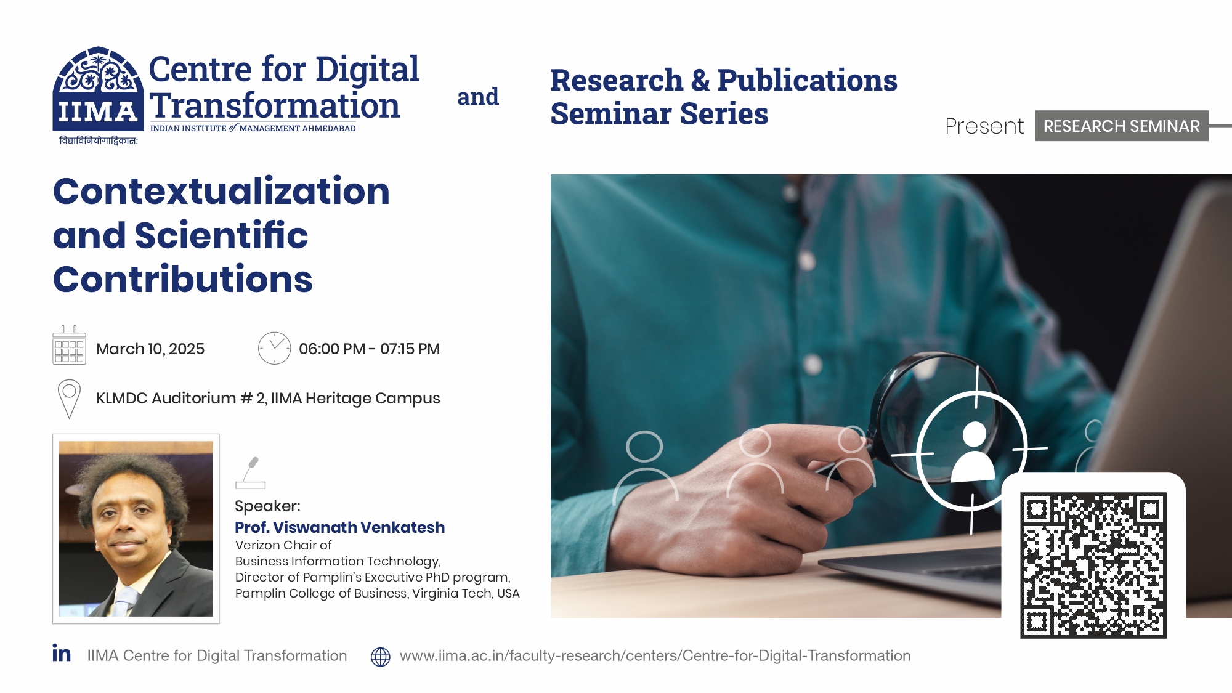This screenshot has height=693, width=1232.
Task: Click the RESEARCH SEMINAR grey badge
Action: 1121,126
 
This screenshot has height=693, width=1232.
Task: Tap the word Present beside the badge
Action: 984,126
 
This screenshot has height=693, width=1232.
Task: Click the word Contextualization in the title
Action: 221,191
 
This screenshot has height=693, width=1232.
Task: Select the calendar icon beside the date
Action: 69,346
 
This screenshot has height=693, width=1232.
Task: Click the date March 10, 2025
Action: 150,349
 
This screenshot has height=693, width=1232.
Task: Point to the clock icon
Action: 274,348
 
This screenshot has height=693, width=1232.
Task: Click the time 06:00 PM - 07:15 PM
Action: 369,349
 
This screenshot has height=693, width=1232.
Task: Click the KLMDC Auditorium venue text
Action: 268,399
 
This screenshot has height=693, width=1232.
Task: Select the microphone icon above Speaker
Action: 250,472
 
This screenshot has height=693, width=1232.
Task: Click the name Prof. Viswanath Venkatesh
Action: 339,527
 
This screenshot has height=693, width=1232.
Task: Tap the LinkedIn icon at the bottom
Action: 62,654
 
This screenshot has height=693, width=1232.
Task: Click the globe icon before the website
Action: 380,657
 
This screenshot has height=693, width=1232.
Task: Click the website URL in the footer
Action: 655,656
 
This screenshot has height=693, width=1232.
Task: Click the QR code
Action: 1093,565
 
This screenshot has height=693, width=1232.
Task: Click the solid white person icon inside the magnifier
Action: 973,453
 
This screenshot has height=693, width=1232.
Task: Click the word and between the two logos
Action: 477,97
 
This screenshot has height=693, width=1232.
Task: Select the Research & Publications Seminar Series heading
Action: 723,97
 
